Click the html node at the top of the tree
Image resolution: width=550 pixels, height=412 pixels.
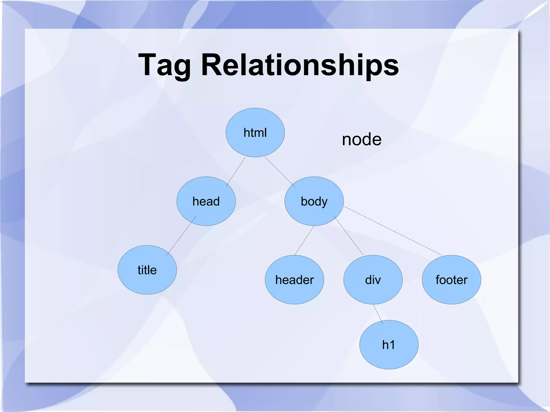coord(255,132)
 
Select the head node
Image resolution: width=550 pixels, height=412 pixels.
coord(206,201)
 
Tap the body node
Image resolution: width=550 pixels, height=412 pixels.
coord(314,201)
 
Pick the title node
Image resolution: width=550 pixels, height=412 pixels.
coord(147,270)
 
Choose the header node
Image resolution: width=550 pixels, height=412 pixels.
coord(294,279)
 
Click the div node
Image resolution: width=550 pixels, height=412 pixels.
coord(373,279)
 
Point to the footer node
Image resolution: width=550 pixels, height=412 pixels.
coord(451,279)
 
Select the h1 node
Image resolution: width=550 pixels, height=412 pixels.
coord(389,345)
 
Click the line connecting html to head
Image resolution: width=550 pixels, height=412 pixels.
coord(236,172)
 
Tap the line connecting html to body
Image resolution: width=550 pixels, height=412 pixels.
coord(280,172)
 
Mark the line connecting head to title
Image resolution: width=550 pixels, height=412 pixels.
coord(182,235)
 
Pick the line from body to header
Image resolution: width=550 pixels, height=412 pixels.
coord(304,240)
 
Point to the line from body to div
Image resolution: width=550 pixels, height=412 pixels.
coord(349,235)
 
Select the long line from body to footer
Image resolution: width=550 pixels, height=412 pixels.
coord(392,230)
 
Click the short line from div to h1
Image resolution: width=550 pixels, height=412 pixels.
coord(378,314)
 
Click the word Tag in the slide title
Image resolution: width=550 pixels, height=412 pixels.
coord(164,65)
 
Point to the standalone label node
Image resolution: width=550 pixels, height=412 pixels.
coord(361,139)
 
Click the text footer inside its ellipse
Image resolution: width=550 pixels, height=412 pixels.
coord(451,280)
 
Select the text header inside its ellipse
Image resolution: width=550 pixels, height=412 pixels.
coord(294,280)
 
